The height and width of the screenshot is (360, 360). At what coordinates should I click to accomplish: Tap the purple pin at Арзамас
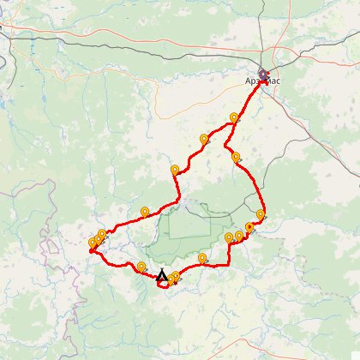[x=265, y=75]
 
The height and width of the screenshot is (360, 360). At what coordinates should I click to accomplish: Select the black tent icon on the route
[x=162, y=274]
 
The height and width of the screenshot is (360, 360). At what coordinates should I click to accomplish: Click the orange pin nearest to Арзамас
[x=234, y=117]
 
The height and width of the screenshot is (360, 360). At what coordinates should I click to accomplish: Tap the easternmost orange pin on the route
[x=261, y=214]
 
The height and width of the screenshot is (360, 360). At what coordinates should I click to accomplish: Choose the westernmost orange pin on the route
[x=93, y=243]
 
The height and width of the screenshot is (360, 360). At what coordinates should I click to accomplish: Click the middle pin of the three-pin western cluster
[x=97, y=239]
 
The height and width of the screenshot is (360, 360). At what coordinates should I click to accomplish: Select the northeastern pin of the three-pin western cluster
[x=102, y=234]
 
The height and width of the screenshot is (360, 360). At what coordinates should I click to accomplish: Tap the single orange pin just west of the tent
[x=141, y=266]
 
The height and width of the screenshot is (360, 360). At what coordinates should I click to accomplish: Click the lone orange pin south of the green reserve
[x=202, y=257]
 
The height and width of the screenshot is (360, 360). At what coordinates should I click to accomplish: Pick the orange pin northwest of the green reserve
[x=145, y=211]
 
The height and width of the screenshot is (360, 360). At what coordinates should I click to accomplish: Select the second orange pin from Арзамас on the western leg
[x=204, y=138]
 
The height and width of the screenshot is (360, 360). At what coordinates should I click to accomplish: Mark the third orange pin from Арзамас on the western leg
[x=175, y=170]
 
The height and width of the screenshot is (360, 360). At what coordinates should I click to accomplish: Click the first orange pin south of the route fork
[x=236, y=157]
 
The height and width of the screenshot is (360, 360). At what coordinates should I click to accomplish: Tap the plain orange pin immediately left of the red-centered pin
[x=239, y=236]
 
